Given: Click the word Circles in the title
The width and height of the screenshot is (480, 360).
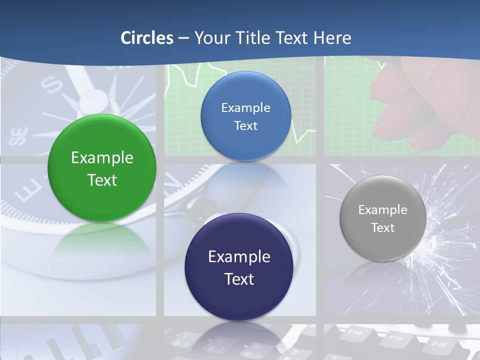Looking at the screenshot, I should (x=147, y=38).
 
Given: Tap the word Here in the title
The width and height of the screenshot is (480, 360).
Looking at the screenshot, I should (x=332, y=38).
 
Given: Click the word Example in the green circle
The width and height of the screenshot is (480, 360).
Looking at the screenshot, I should (x=102, y=158).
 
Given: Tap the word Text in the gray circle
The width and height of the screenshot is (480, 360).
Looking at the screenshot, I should (x=382, y=228).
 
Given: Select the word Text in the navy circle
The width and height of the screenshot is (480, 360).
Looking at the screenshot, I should (x=239, y=279).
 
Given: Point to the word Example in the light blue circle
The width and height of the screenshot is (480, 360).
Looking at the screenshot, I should (x=245, y=107).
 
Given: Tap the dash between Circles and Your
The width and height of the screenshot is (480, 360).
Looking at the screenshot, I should (x=183, y=38).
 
